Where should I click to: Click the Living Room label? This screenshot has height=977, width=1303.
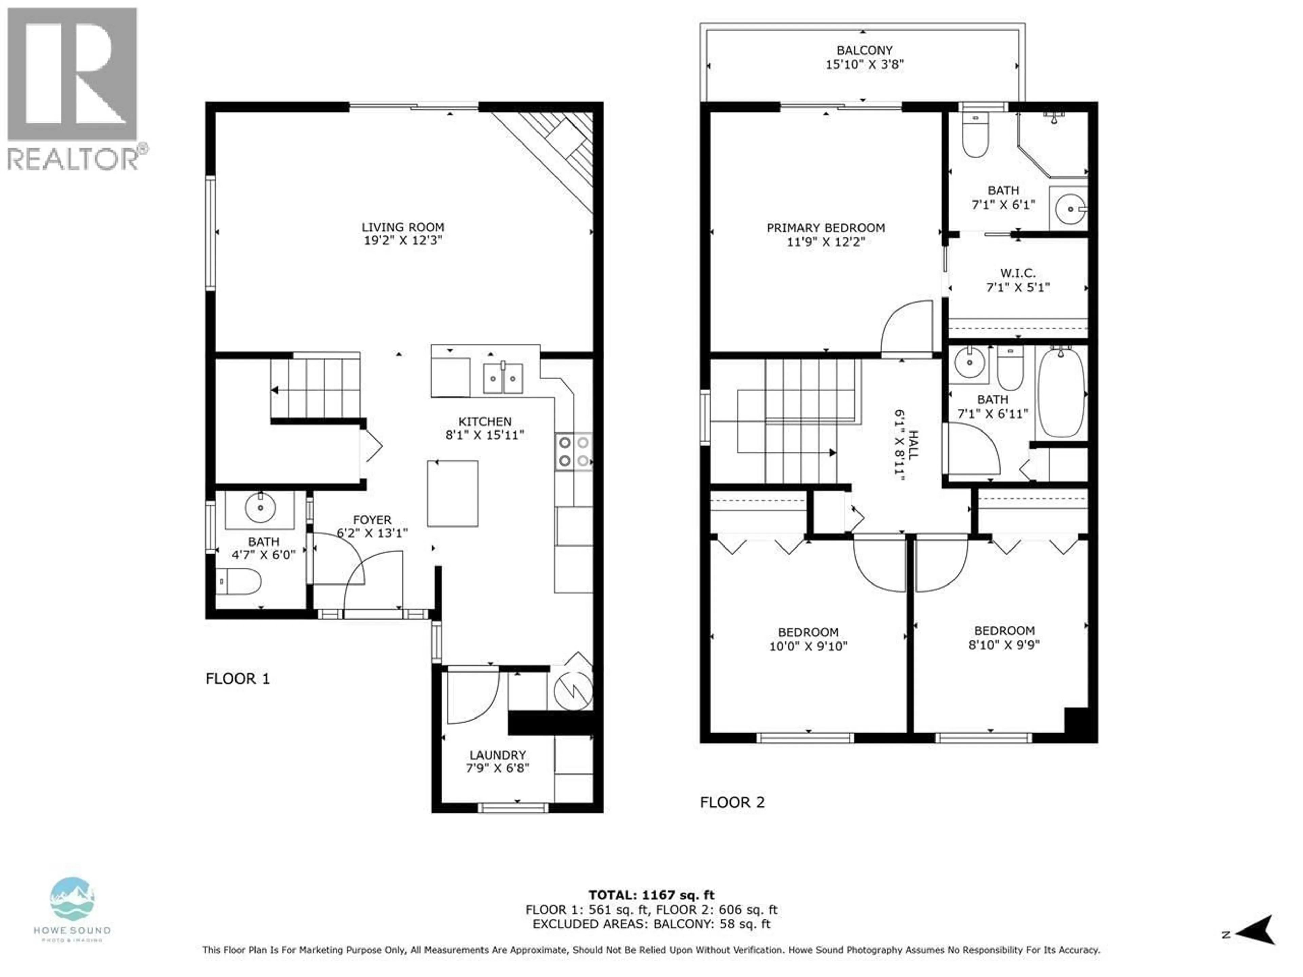click(403, 227)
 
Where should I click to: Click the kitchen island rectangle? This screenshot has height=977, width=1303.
click(452, 494)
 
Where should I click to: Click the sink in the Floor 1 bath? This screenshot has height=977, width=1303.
click(260, 507)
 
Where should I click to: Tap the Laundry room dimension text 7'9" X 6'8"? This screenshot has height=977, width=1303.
click(498, 768)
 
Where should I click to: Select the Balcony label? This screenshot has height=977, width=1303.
click(865, 50)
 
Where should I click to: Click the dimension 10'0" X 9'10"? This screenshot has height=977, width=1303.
click(808, 646)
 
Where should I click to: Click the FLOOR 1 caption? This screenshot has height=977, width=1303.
click(238, 678)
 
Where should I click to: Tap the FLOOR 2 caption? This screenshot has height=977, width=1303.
click(732, 802)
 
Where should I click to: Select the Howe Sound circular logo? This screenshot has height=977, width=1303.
click(72, 899)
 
